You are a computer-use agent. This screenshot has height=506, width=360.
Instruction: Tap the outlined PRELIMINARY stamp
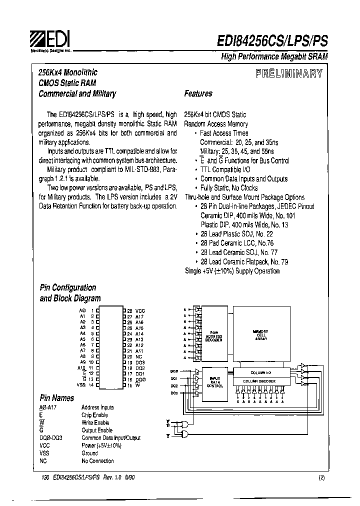click(289, 74)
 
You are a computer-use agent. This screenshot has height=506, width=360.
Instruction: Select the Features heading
click(198, 93)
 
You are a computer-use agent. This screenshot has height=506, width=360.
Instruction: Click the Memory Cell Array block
click(260, 335)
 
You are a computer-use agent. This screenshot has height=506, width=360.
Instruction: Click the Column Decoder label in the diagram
click(259, 381)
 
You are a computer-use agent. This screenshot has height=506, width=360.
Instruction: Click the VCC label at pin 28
click(140, 310)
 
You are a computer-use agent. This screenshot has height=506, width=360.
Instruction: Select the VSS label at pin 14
click(81, 384)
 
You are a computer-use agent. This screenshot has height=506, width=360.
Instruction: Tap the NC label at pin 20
click(138, 356)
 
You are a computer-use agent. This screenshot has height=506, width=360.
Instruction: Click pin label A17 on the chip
click(139, 316)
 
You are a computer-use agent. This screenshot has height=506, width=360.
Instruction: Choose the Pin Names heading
click(57, 398)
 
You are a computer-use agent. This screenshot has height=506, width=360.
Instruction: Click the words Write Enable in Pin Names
click(95, 423)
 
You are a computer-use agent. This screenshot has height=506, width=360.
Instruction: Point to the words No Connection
click(97, 461)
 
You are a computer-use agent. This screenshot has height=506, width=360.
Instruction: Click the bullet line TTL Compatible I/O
click(225, 169)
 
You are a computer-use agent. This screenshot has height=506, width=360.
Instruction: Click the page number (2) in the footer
click(321, 477)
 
